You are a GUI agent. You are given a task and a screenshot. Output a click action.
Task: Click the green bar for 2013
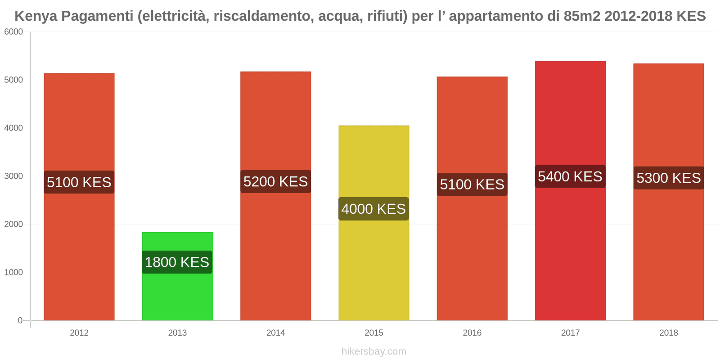[x=177, y=292]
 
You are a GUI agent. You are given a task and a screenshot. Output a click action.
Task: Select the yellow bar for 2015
[x=373, y=162]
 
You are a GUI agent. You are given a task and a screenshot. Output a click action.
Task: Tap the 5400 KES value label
[x=570, y=176]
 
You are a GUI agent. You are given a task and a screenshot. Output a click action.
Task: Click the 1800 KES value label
[x=177, y=262]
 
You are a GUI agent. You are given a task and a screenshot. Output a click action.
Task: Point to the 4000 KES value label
[x=373, y=209]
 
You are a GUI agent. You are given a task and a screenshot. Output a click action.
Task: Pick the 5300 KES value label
[x=668, y=178]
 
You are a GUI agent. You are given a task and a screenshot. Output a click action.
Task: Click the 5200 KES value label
[x=275, y=181]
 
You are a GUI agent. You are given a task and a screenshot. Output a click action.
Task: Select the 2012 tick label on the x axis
[x=79, y=333]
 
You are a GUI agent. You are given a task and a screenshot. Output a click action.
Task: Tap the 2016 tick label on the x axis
[x=472, y=333]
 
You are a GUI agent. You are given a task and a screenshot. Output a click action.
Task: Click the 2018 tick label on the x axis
[x=668, y=333]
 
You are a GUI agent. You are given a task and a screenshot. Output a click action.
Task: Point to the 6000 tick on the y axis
[x=13, y=32]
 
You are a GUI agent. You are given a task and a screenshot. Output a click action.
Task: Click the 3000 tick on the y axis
[x=13, y=176]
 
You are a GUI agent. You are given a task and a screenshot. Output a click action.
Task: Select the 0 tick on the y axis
[x=20, y=320]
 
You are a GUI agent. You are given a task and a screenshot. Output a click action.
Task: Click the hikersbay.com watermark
[x=373, y=351]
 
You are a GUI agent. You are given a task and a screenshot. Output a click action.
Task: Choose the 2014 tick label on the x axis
[x=275, y=333]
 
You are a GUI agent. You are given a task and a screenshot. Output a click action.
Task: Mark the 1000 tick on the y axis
[x=13, y=272]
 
